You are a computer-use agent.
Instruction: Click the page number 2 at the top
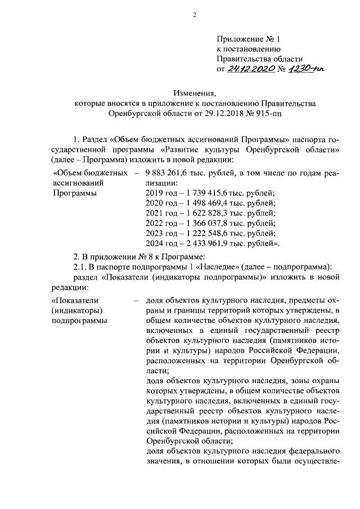pos(194,15)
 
